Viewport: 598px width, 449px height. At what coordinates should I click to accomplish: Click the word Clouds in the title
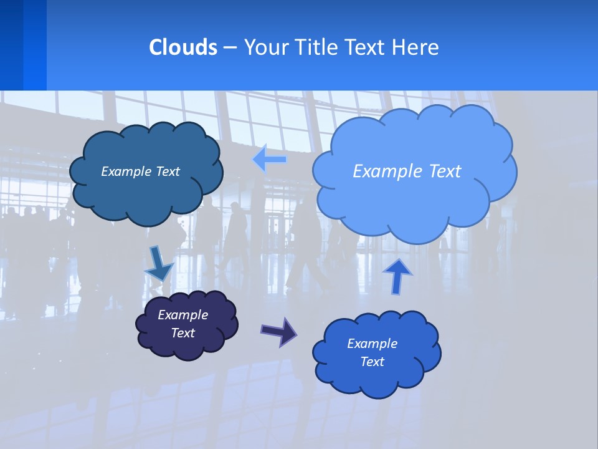pyautogui.click(x=183, y=47)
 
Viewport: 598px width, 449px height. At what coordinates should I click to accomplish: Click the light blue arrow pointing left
pyautogui.click(x=270, y=160)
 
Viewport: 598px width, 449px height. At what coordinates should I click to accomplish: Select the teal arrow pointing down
pyautogui.click(x=158, y=264)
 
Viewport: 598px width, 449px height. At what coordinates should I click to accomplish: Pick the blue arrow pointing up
pyautogui.click(x=398, y=276)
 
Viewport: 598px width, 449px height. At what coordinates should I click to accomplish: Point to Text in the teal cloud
pyautogui.click(x=168, y=171)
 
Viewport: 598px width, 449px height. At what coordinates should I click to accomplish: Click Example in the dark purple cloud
pyautogui.click(x=183, y=315)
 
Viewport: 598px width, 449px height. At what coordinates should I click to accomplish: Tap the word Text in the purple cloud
pyautogui.click(x=183, y=333)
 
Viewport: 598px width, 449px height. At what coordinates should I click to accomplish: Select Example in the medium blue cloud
pyautogui.click(x=372, y=344)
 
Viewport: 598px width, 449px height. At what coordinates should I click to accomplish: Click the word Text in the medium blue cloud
pyautogui.click(x=372, y=362)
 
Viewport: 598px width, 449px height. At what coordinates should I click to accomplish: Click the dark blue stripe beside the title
pyautogui.click(x=11, y=45)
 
